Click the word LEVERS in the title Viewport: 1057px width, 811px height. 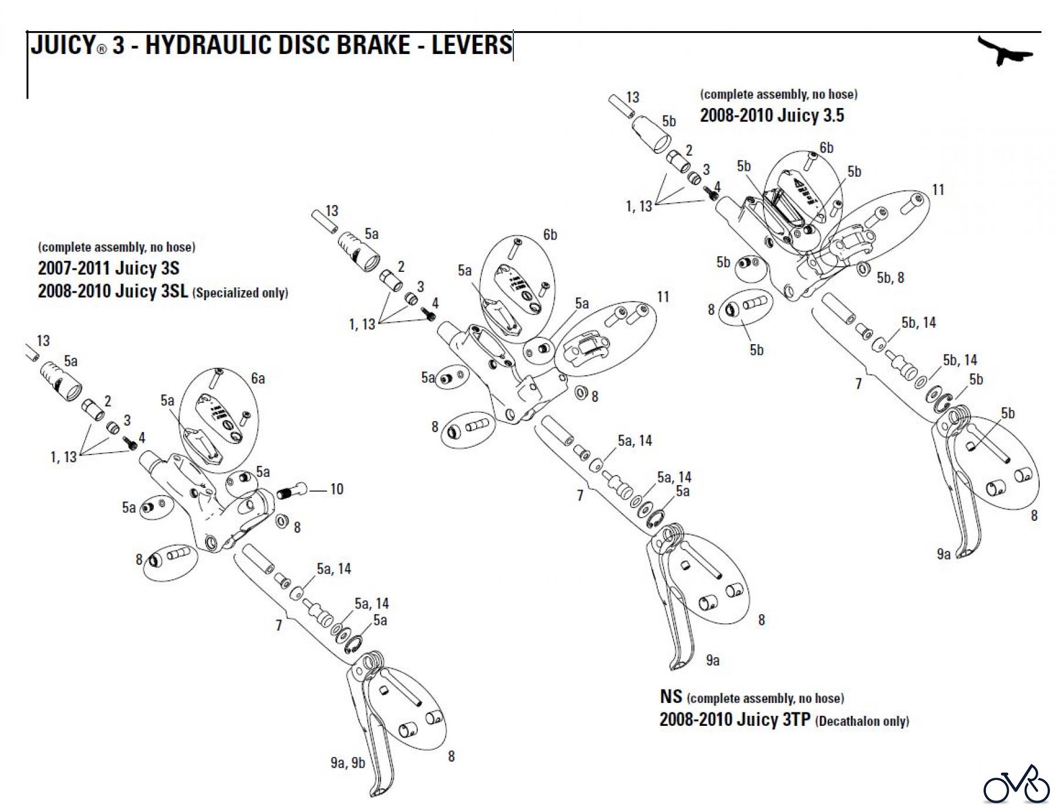(x=472, y=45)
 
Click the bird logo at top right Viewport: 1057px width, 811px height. (x=1005, y=51)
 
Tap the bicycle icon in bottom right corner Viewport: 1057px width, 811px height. (x=1016, y=784)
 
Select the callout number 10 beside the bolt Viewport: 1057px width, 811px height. (x=336, y=489)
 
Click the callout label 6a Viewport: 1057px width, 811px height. (x=258, y=379)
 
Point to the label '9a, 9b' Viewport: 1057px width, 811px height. (x=348, y=763)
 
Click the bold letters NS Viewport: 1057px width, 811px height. (x=671, y=696)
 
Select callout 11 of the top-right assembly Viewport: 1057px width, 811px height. (x=938, y=190)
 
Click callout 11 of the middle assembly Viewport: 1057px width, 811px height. (x=663, y=297)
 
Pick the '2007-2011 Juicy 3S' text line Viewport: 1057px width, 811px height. (x=109, y=268)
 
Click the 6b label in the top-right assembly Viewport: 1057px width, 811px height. (x=826, y=147)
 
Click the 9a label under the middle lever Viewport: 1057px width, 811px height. (x=712, y=661)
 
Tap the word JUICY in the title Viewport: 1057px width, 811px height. (x=63, y=45)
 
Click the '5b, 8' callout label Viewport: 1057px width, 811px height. (x=890, y=278)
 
